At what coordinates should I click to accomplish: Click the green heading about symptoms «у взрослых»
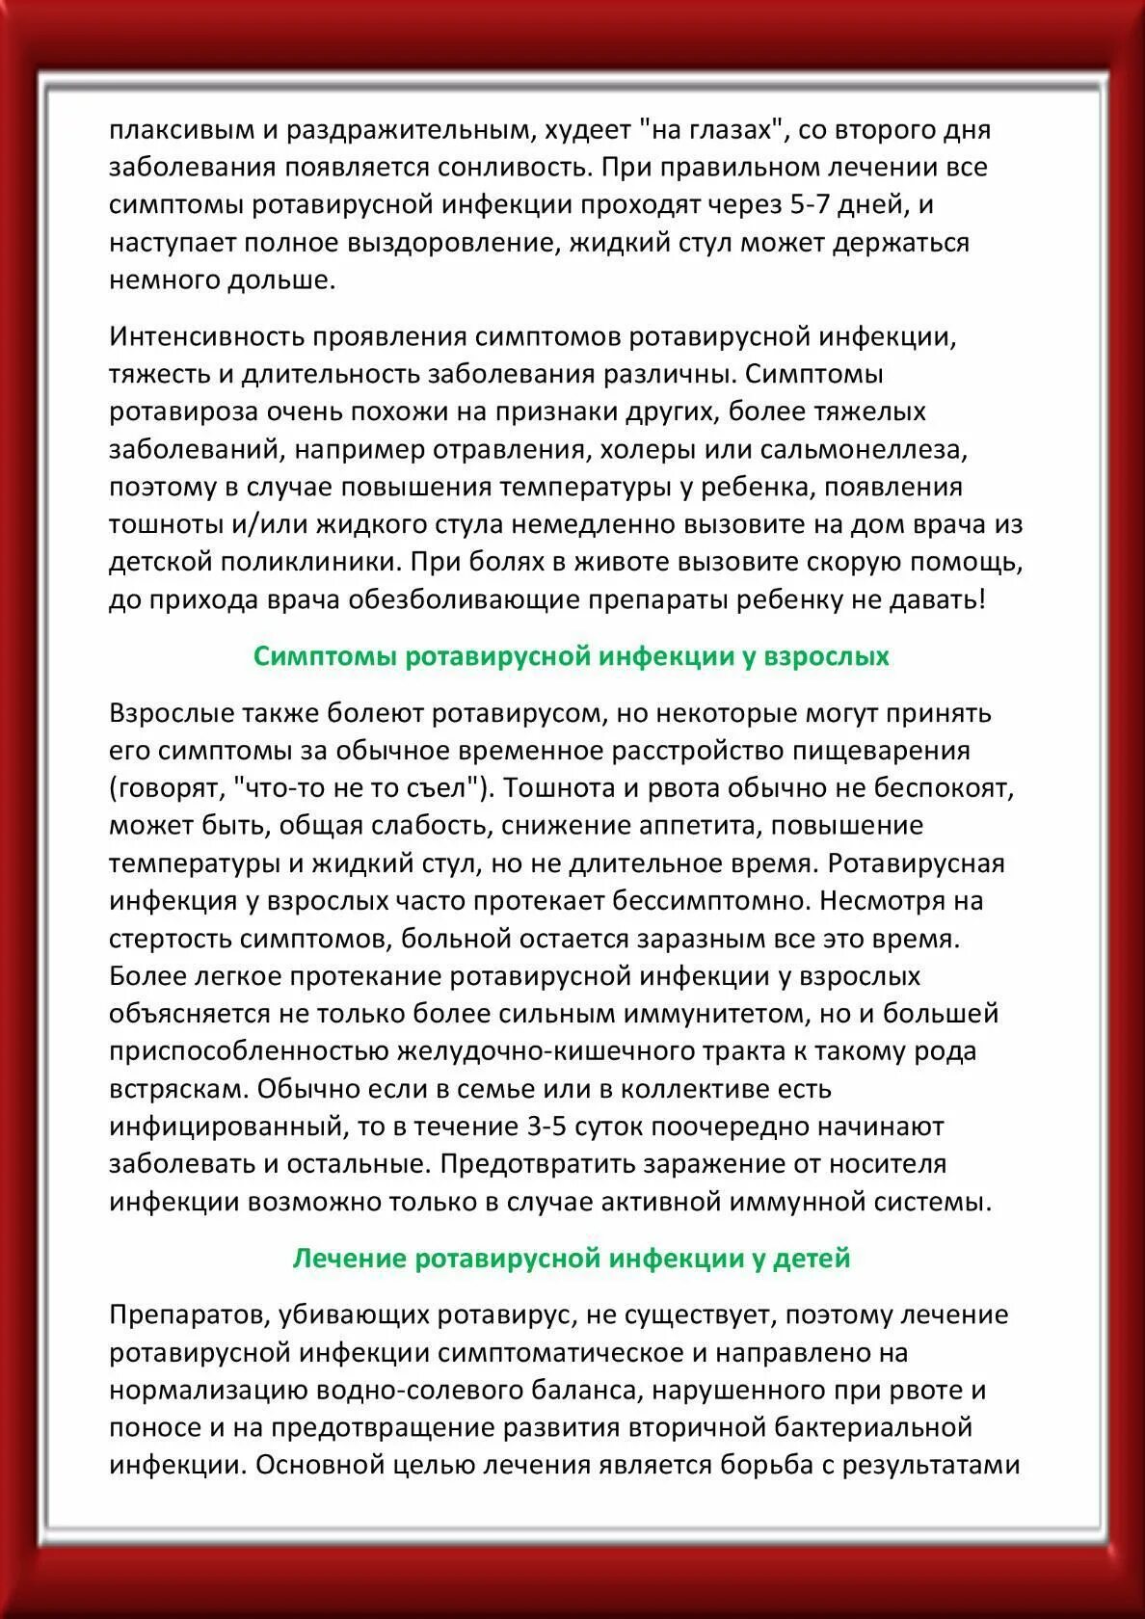click(x=572, y=656)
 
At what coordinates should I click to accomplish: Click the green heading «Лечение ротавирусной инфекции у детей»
click(x=572, y=1258)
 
